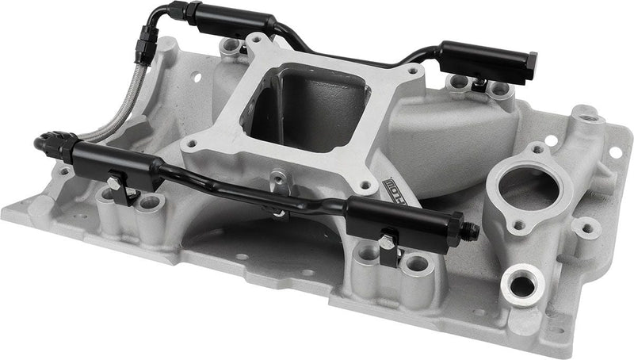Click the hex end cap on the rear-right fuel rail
point(531,60)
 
